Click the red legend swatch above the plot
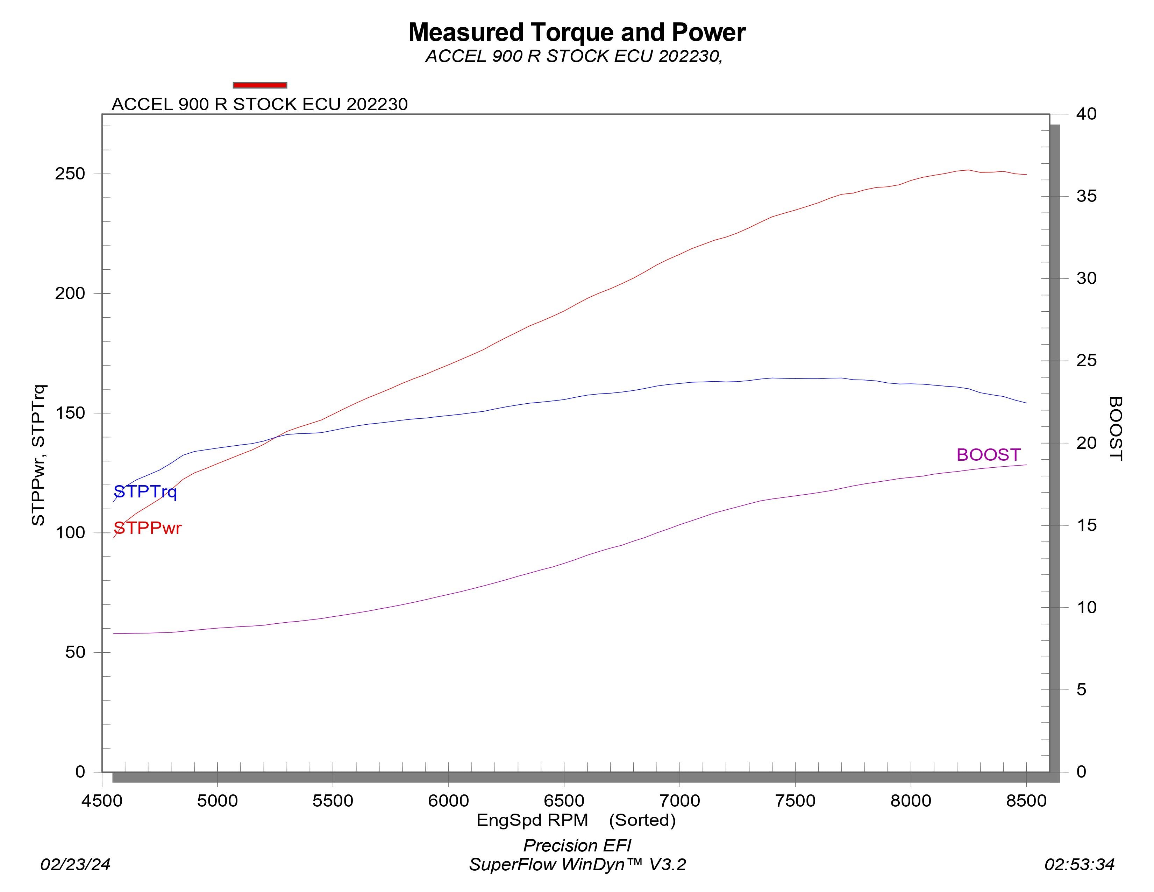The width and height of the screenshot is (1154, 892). point(260,85)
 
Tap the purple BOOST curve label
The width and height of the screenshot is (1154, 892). point(988,455)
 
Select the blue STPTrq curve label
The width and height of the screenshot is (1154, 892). point(145,492)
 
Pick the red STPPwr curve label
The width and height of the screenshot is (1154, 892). point(148,528)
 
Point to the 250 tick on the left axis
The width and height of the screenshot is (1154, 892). point(70,174)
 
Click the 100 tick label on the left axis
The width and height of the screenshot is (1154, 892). point(70,533)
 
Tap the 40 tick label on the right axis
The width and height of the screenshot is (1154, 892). point(1087,114)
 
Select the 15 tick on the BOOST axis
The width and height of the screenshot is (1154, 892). point(1087,525)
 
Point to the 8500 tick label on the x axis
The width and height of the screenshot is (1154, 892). point(1026,801)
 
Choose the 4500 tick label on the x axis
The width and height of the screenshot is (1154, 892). point(102,801)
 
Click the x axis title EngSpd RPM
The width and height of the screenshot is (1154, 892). point(532,820)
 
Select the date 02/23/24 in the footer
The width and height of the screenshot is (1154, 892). point(76,864)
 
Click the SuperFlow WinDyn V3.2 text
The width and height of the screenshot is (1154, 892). point(577,864)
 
